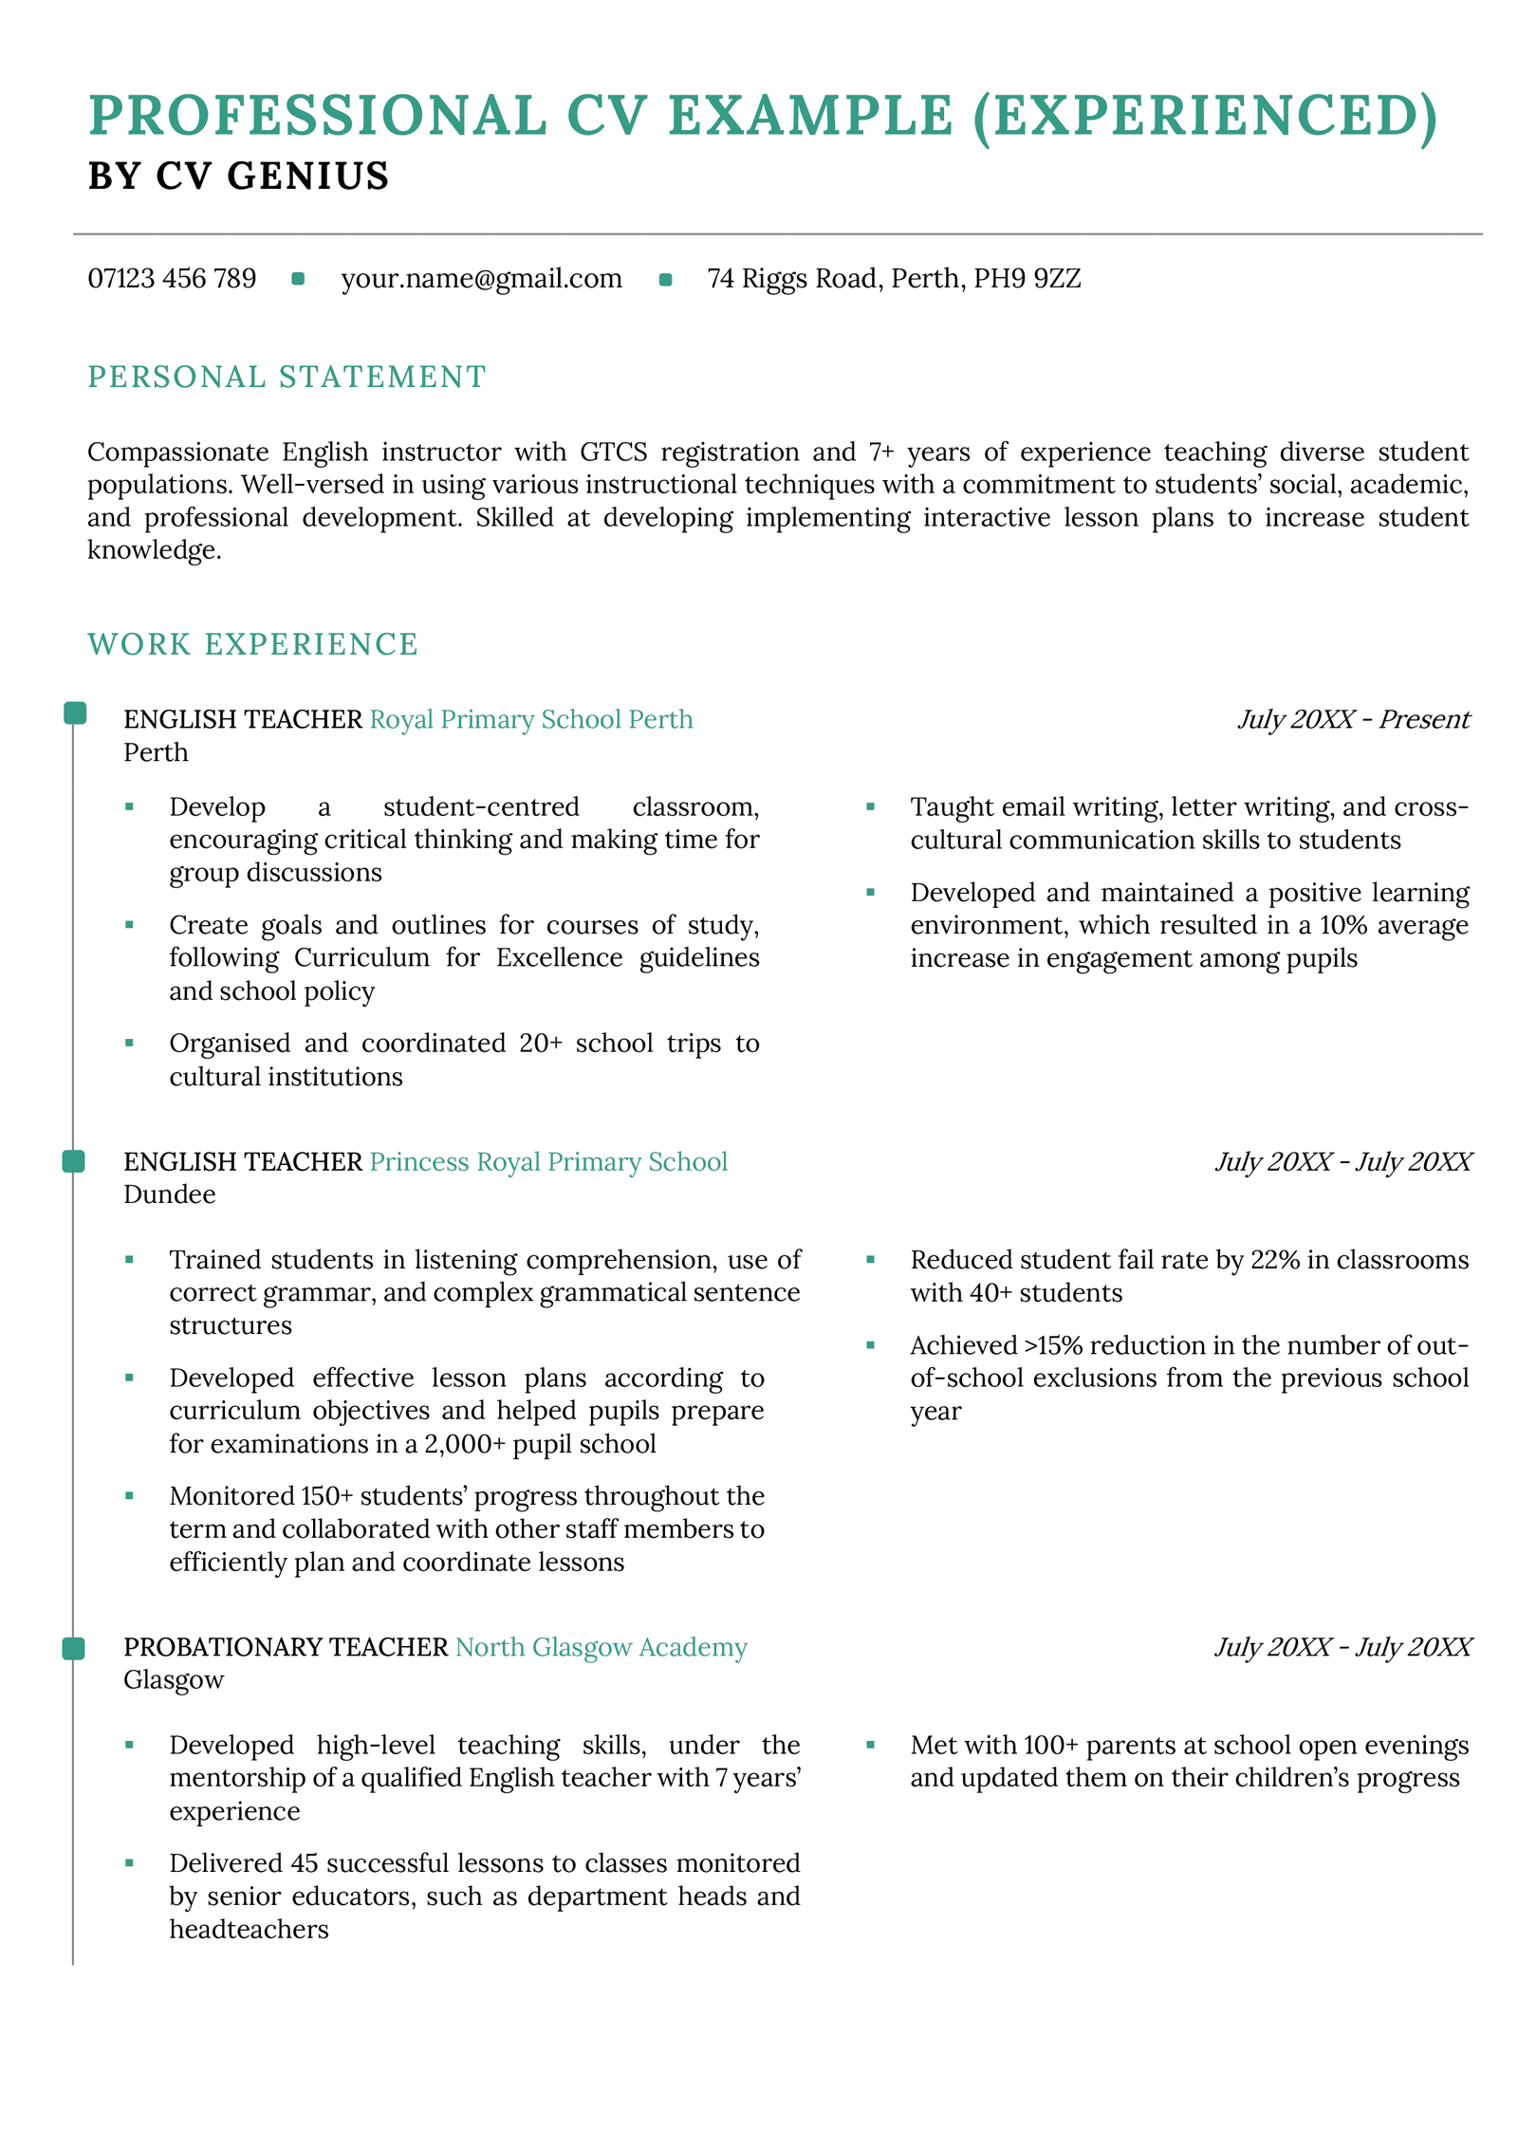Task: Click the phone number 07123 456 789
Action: pyautogui.click(x=172, y=279)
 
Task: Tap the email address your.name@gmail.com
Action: pyautogui.click(x=481, y=279)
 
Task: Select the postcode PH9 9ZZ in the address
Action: pyautogui.click(x=1027, y=279)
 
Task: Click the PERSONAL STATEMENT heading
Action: pyautogui.click(x=287, y=378)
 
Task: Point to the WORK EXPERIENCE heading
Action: pyautogui.click(x=252, y=644)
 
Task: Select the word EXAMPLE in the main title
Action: pyautogui.click(x=810, y=116)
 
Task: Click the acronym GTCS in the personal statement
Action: pyautogui.click(x=613, y=453)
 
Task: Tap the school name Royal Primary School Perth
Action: pyautogui.click(x=530, y=720)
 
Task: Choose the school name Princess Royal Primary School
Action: pyautogui.click(x=548, y=1162)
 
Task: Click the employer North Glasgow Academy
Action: pyautogui.click(x=601, y=1647)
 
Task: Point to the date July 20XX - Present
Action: pyautogui.click(x=1353, y=720)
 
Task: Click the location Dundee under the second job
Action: pyautogui.click(x=170, y=1194)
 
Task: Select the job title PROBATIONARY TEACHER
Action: pyautogui.click(x=286, y=1647)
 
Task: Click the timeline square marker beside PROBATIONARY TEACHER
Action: pyautogui.click(x=74, y=1649)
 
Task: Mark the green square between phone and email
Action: pyautogui.click(x=298, y=279)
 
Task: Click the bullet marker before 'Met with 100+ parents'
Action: pyautogui.click(x=870, y=1744)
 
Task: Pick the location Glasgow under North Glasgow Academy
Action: pyautogui.click(x=174, y=1680)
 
